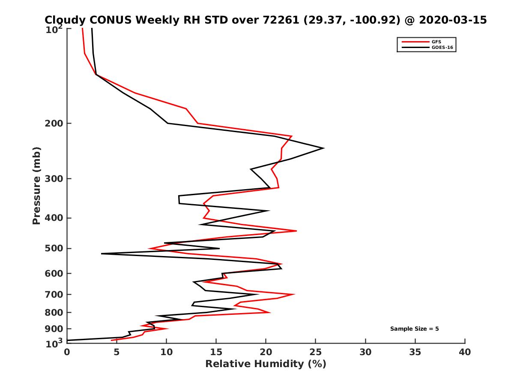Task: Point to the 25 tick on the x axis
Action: click(316, 344)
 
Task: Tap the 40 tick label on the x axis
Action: click(465, 352)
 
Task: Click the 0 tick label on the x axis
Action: click(67, 352)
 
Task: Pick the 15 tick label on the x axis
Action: click(216, 352)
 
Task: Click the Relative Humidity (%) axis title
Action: click(266, 364)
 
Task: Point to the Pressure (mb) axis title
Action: click(36, 185)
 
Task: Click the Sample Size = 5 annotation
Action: click(414, 329)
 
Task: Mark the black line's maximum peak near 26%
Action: click(323, 148)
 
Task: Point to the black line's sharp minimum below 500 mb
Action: click(102, 254)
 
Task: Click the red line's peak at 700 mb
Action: click(294, 295)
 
